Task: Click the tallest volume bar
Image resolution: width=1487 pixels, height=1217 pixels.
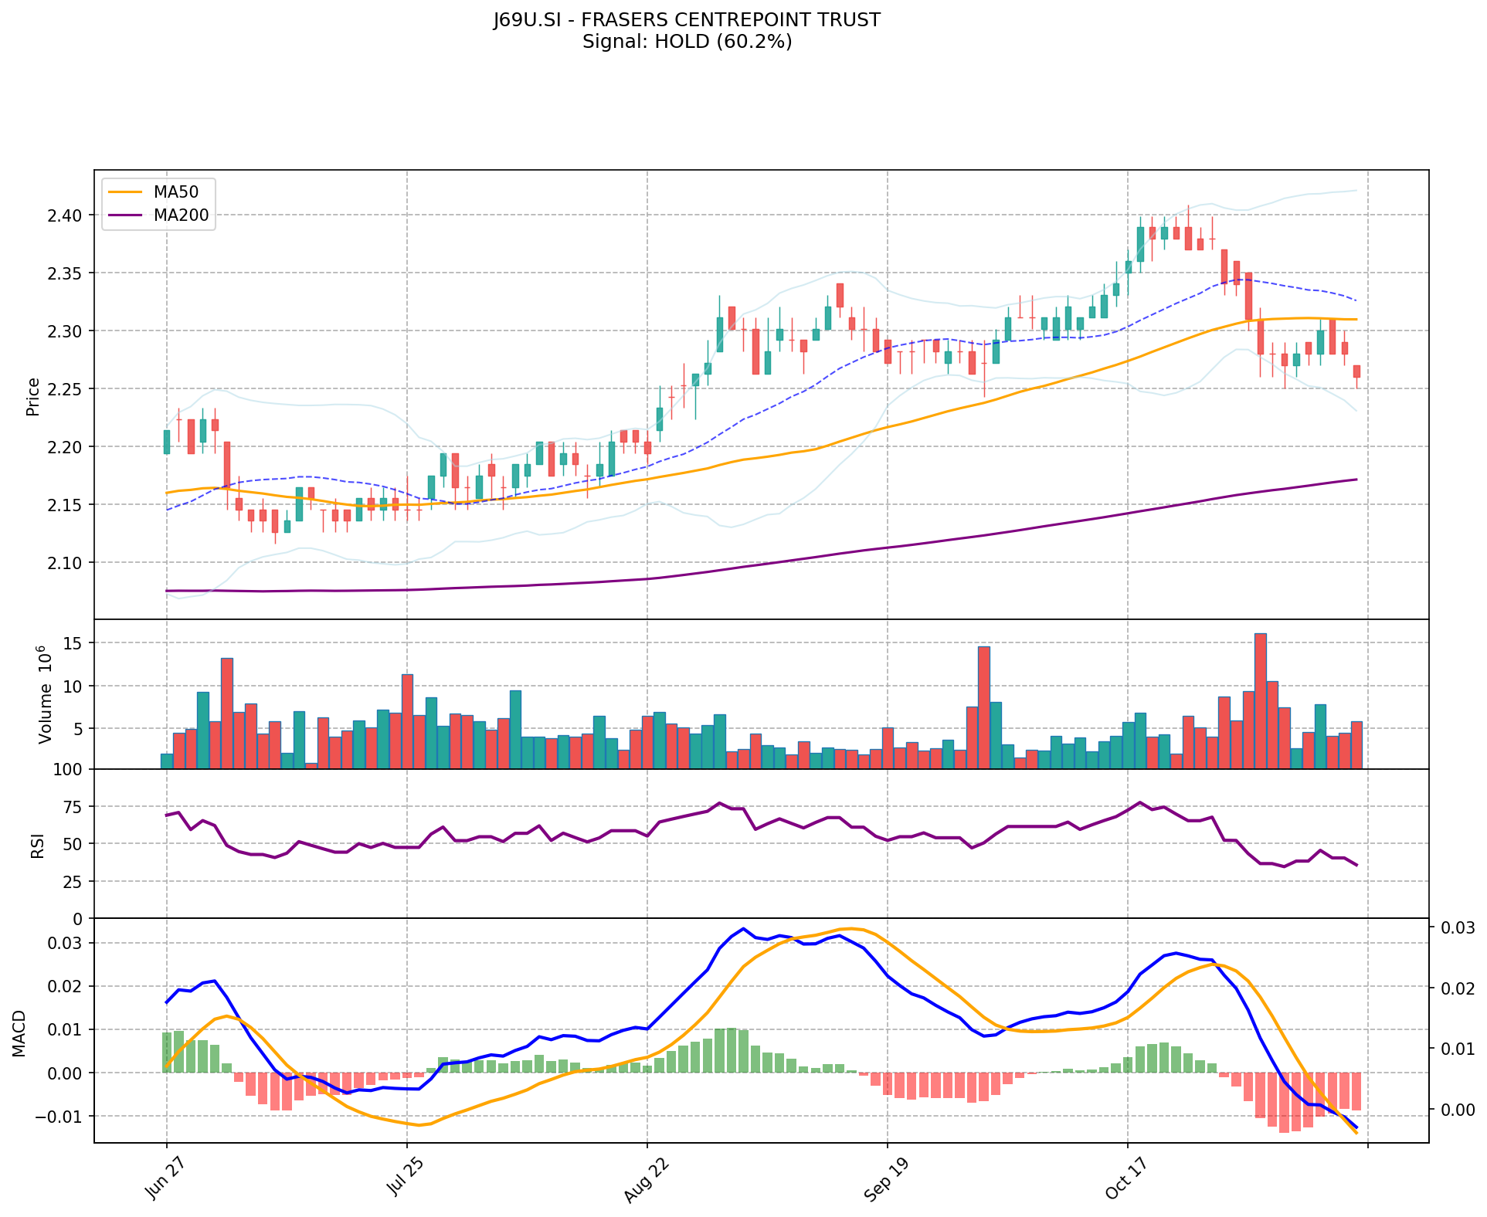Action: [1260, 700]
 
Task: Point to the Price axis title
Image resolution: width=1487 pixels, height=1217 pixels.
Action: [33, 397]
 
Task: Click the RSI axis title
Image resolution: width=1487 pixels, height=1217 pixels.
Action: [37, 844]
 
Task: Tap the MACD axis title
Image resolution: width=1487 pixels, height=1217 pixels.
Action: [20, 1033]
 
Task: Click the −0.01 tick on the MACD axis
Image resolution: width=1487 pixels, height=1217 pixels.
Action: [62, 1117]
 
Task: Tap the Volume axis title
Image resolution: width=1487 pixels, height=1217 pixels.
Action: [46, 695]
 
